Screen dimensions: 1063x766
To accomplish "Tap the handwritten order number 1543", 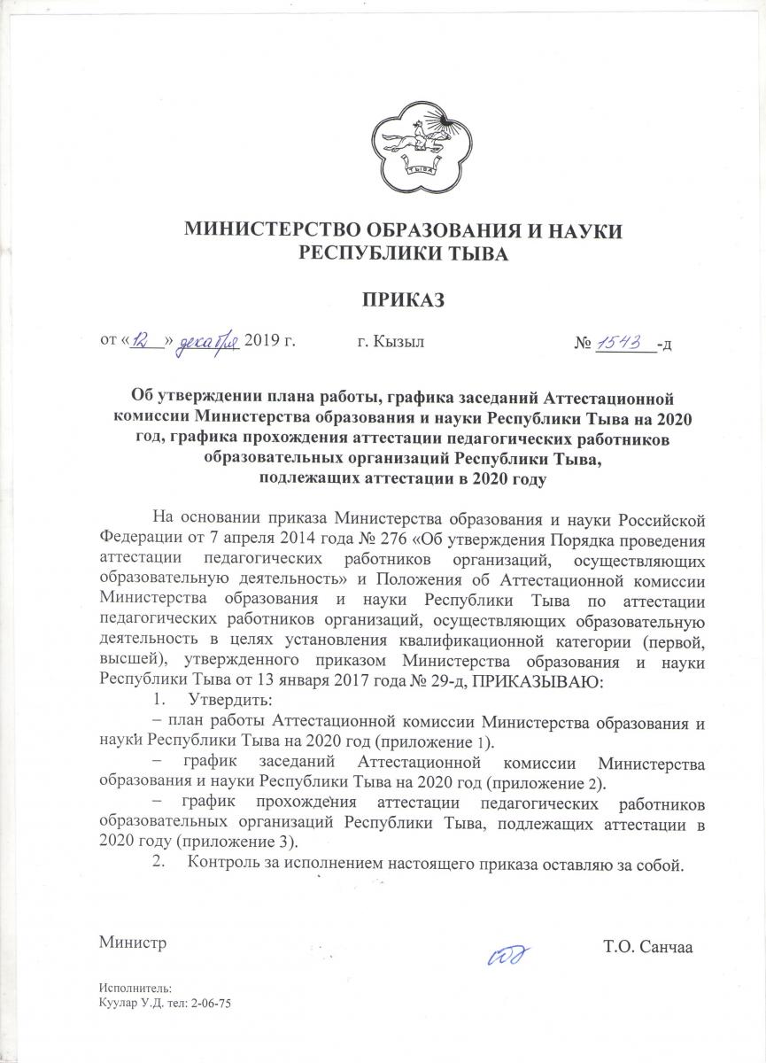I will [x=623, y=340].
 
